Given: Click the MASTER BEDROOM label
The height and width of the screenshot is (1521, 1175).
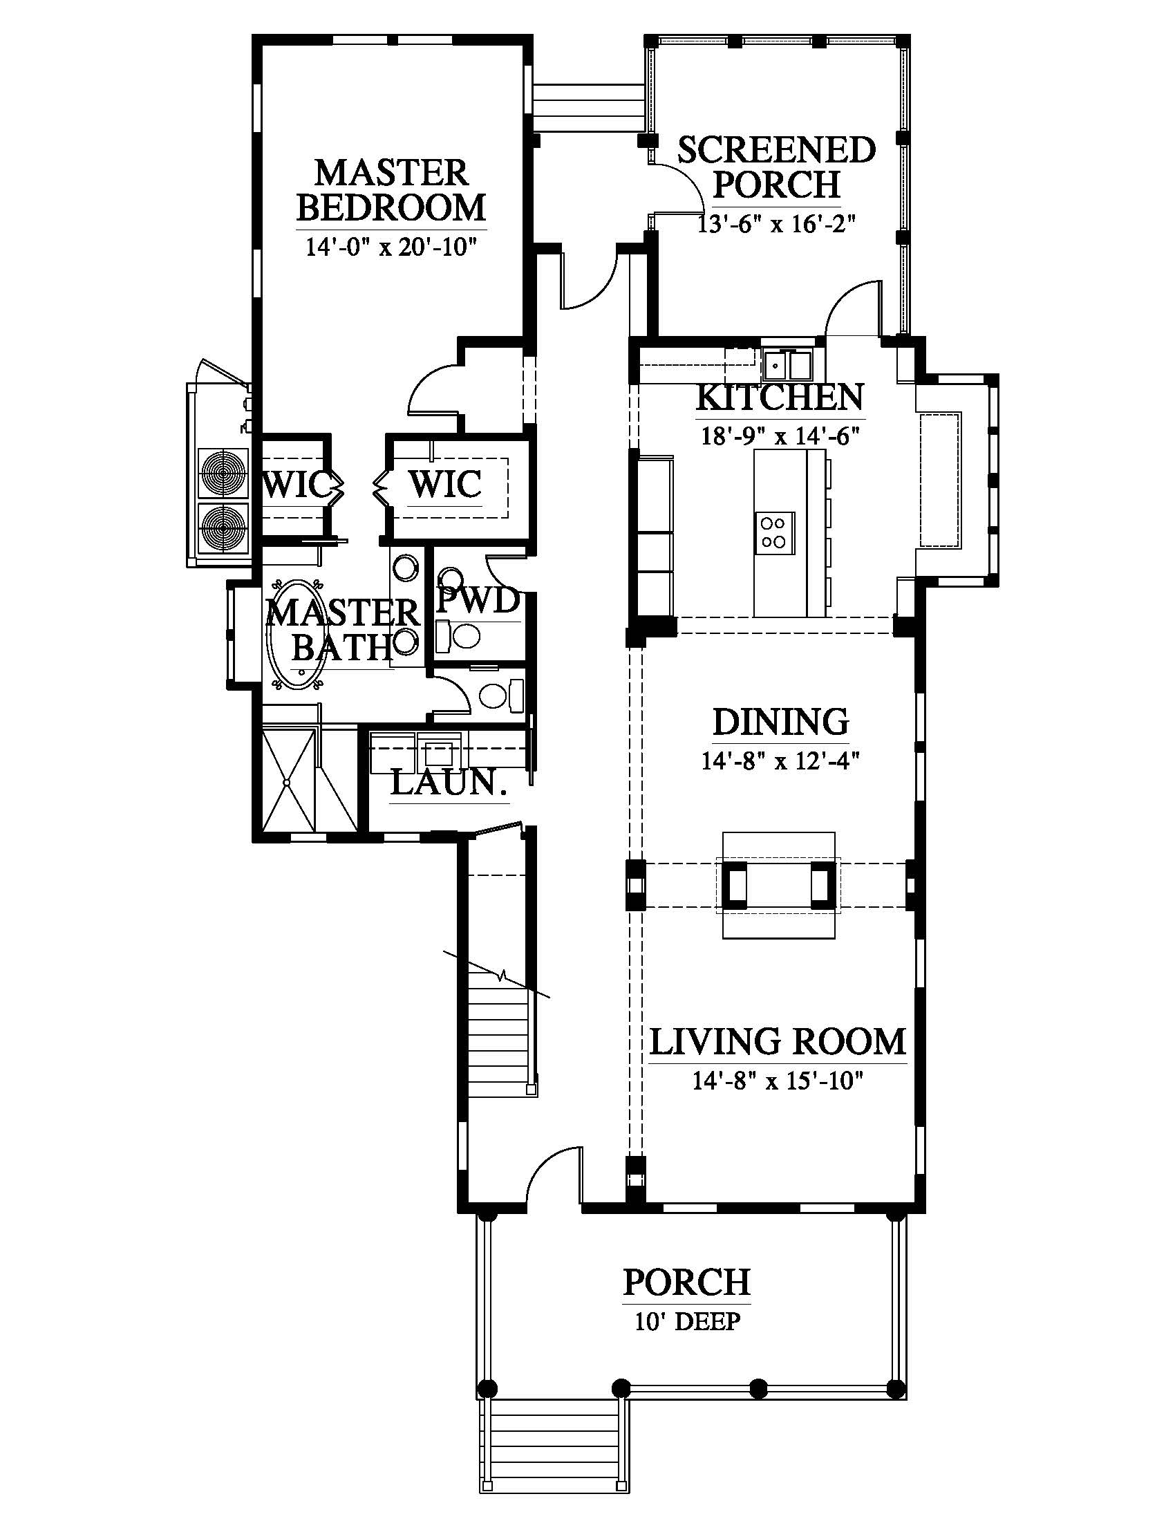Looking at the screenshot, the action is click(x=391, y=189).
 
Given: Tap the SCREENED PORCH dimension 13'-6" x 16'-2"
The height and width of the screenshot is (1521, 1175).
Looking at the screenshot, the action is click(x=775, y=223).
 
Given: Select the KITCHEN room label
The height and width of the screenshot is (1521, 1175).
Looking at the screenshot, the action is click(x=780, y=397).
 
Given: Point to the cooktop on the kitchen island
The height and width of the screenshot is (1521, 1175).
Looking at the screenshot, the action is click(x=774, y=532).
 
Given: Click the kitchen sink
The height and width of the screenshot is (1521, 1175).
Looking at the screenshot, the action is click(x=787, y=364).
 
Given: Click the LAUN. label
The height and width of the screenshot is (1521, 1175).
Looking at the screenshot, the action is click(x=449, y=783).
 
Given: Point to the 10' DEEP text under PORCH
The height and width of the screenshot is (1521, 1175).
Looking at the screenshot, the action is click(x=687, y=1321).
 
